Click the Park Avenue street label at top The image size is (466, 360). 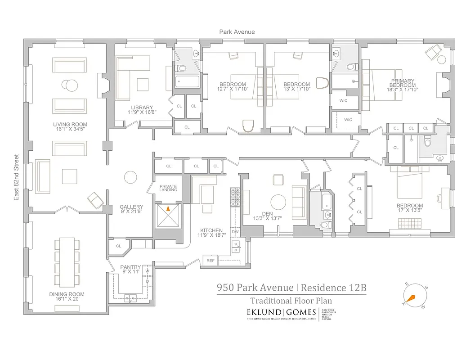click(237, 31)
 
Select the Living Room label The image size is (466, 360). click(70, 124)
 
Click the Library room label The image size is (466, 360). click(139, 107)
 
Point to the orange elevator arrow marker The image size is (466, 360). click(168, 208)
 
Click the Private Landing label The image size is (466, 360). click(168, 188)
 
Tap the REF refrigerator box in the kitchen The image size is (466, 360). click(210, 261)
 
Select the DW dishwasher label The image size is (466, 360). click(235, 231)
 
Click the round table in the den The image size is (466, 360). click(278, 202)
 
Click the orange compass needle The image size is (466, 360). click(411, 297)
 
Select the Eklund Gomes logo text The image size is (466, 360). click(280, 312)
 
